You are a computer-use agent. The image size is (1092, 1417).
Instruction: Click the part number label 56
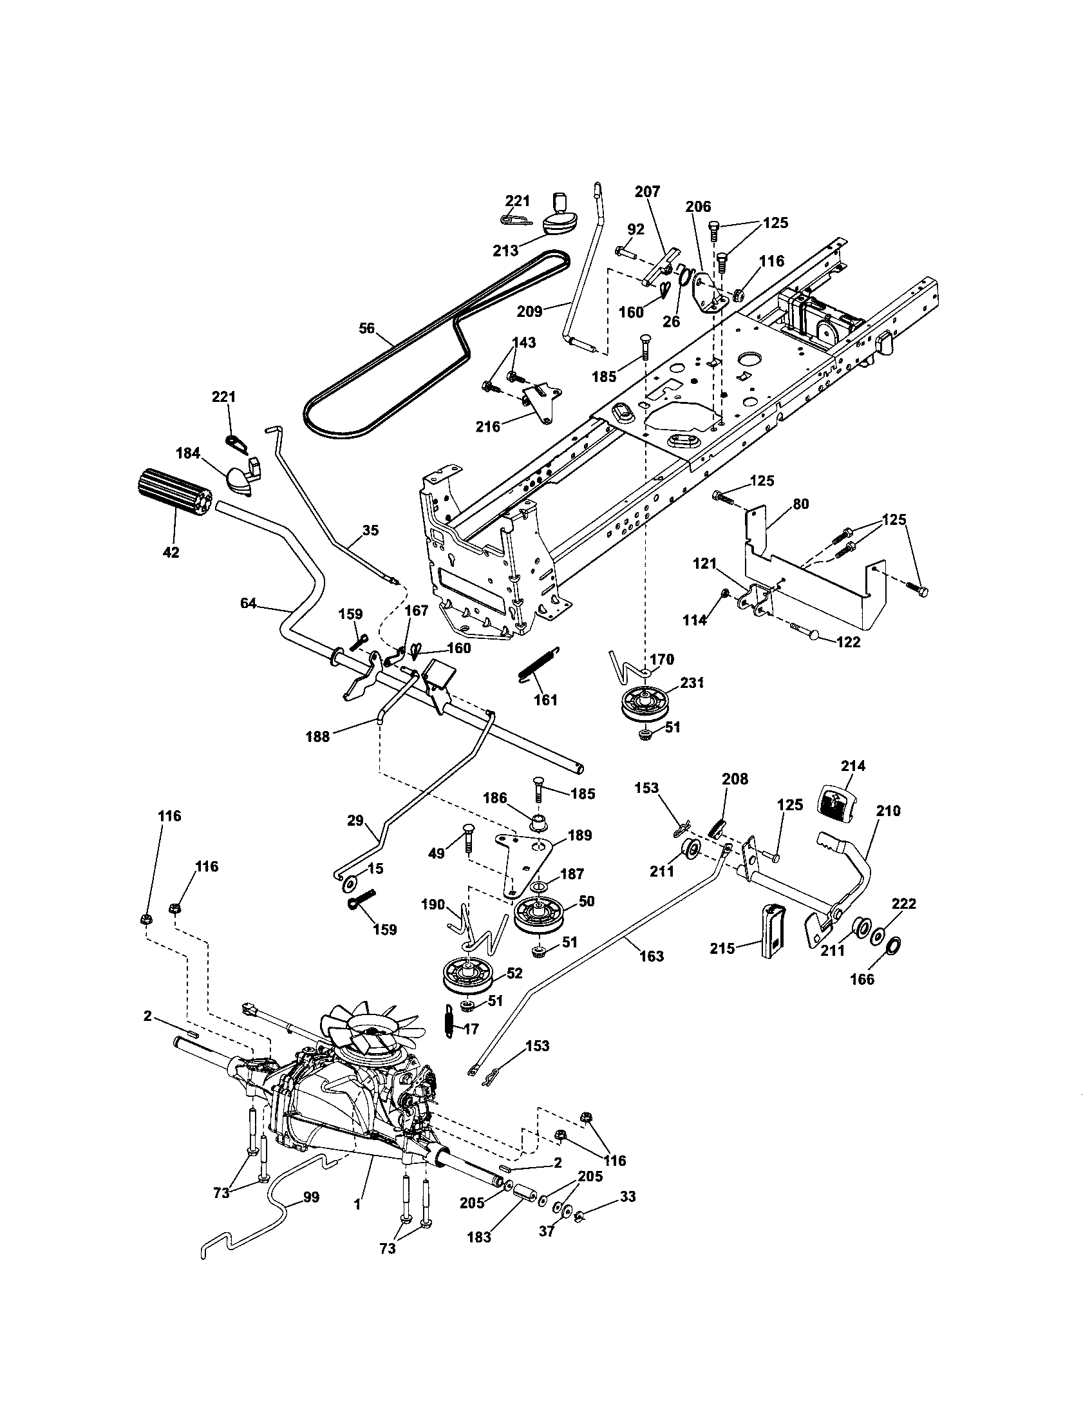(x=366, y=328)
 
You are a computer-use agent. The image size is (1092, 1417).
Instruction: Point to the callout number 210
(x=888, y=810)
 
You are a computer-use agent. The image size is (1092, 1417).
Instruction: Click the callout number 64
(x=249, y=603)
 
